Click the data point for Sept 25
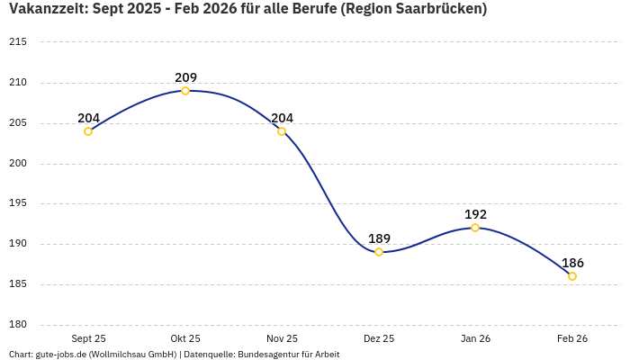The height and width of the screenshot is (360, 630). pos(88,131)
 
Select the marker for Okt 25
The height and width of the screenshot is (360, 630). pos(185,91)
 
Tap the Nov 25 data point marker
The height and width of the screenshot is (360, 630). pos(282,131)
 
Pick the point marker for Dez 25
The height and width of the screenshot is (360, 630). pos(379,252)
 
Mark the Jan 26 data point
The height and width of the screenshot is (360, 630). pos(475,228)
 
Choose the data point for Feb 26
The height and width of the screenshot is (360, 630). pos(572,276)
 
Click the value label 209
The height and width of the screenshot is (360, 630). pos(185,77)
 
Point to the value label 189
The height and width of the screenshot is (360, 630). pos(379,238)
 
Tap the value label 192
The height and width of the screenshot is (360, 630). pos(475,214)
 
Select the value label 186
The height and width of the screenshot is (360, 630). pos(572,263)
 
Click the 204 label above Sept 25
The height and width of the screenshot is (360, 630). pos(88,118)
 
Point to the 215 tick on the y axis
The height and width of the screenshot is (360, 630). pos(18,42)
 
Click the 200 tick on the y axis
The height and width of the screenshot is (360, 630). pos(18,164)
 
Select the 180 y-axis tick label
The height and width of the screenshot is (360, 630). pos(18,325)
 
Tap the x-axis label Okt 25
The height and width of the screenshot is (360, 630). pos(185,338)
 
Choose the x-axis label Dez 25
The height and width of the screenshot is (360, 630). pos(379,338)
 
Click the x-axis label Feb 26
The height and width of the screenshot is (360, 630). pos(572,338)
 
